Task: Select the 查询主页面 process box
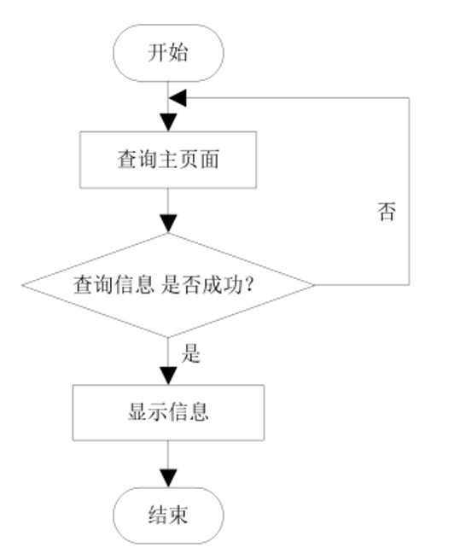pyautogui.click(x=168, y=160)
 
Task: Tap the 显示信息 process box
pyautogui.click(x=168, y=412)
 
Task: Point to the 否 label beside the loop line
pyautogui.click(x=386, y=212)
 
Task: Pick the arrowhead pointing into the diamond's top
pyautogui.click(x=168, y=224)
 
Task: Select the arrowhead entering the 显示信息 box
pyautogui.click(x=168, y=376)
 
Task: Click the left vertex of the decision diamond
pyautogui.click(x=23, y=284)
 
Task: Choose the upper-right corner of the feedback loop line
pyautogui.click(x=411, y=97)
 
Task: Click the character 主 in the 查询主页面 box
pyautogui.click(x=169, y=160)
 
